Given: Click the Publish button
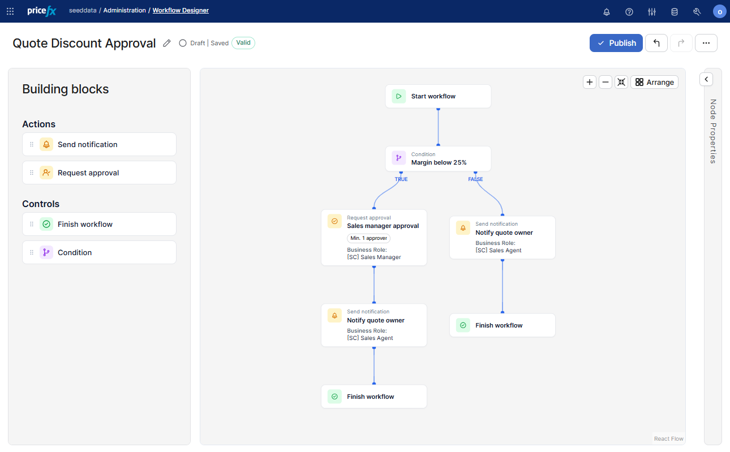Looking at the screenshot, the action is pos(616,43).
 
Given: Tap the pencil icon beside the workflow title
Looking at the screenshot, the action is pos(167,43).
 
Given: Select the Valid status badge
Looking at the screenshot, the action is pos(243,42).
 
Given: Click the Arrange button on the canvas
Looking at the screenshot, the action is pos(654,82).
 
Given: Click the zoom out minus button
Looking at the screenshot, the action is pos(605,82).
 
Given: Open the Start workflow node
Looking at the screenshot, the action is pos(438,96).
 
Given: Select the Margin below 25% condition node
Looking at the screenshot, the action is pos(438,159).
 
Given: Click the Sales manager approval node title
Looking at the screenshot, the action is pos(383,226).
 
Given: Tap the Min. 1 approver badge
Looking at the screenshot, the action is pos(368,238).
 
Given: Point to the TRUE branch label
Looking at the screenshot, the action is pos(401,179).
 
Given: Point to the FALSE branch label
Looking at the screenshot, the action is pos(475,179).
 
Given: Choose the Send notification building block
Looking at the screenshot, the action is pos(99,144).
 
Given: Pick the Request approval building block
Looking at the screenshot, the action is pos(99,173).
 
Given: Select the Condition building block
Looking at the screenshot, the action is pos(99,252).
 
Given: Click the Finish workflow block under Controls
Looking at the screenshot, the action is pos(99,224).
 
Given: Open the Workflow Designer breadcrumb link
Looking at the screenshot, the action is pos(181,10).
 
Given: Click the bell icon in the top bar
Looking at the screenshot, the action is pos(607,12).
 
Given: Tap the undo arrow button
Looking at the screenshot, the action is pos(656,43).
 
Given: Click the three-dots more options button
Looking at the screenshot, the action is pos(706,43).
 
